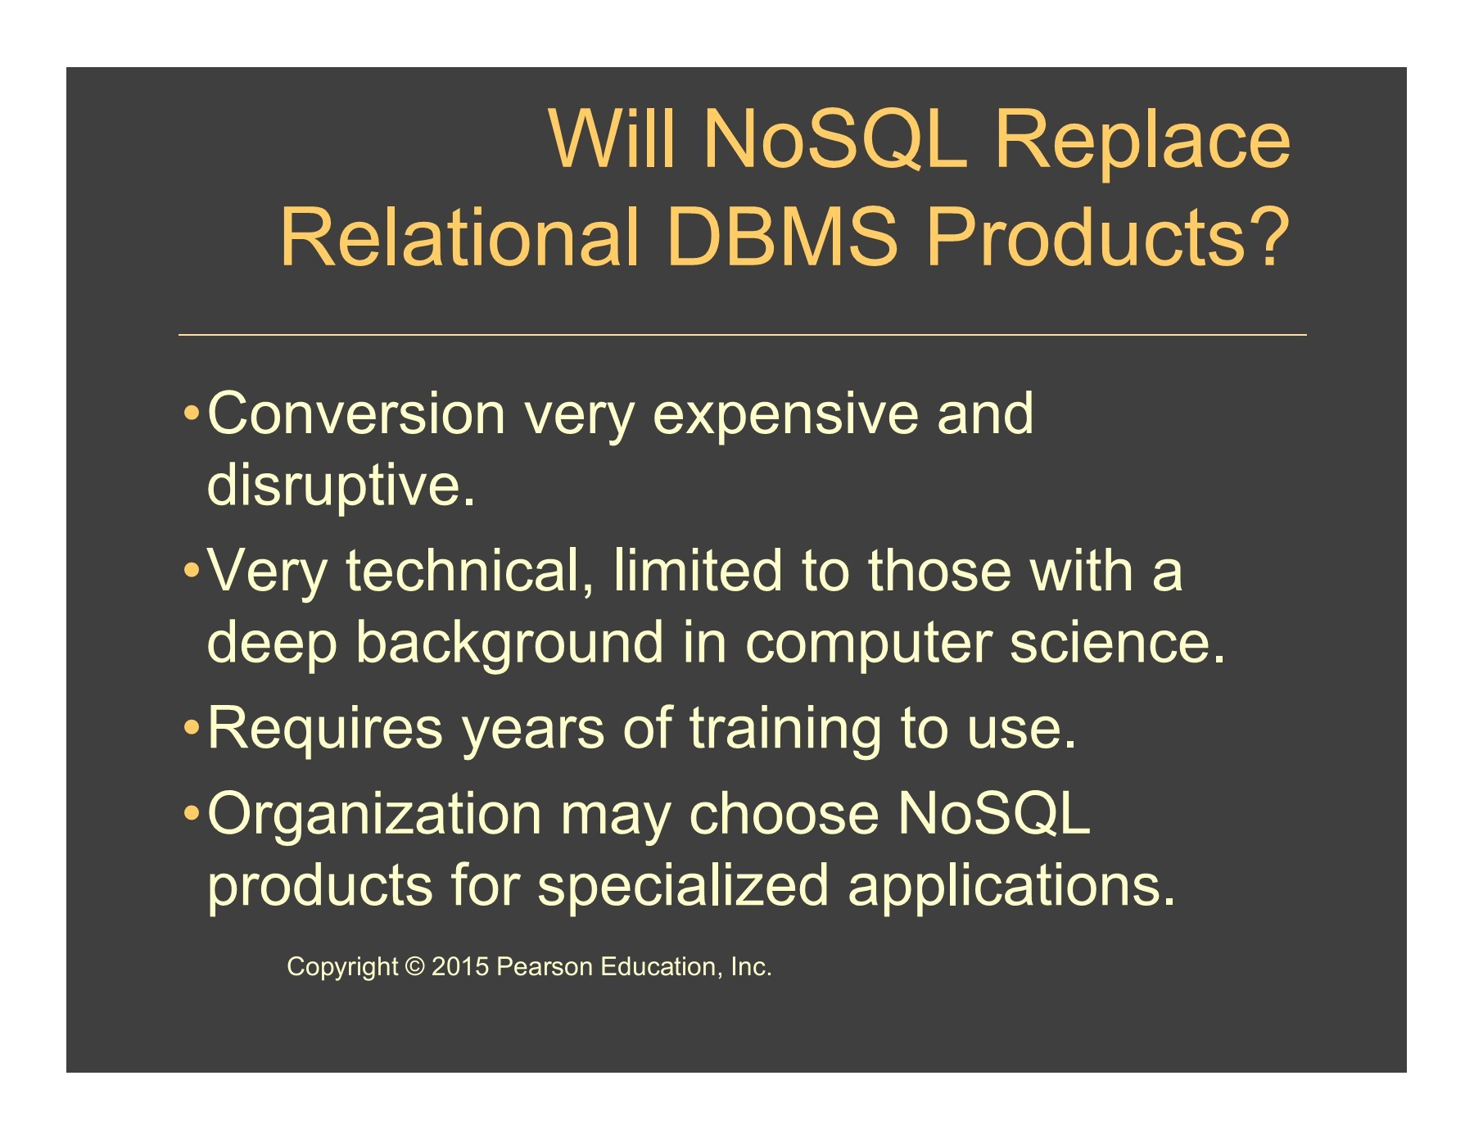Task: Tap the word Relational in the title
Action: click(459, 237)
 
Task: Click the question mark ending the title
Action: click(1267, 236)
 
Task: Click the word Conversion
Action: click(356, 414)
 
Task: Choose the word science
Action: click(1117, 643)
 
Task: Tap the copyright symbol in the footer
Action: click(415, 967)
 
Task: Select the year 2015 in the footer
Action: click(460, 967)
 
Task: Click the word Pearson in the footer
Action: click(545, 967)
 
